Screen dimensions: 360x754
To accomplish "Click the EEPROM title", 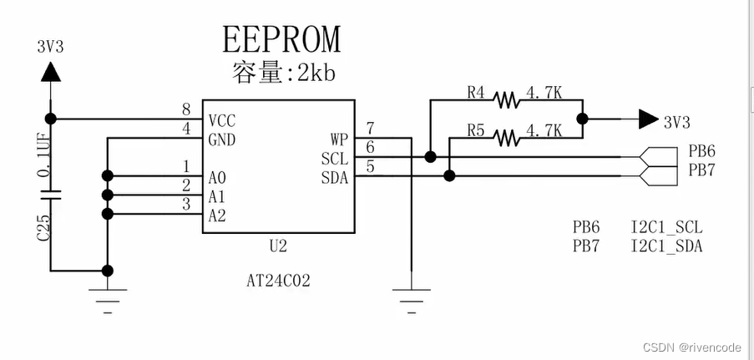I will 281,38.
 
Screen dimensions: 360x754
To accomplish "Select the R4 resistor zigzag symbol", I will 506,100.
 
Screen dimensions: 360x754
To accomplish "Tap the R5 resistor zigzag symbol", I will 506,136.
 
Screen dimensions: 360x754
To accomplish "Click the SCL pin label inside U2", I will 334,157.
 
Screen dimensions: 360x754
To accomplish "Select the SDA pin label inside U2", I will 334,176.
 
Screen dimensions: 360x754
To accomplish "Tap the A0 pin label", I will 217,177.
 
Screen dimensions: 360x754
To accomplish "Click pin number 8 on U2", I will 186,109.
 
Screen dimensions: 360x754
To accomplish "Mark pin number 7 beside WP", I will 370,128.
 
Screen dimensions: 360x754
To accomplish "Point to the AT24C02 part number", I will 279,281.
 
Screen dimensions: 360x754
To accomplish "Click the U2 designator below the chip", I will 278,247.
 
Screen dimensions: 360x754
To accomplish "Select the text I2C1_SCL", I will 666,227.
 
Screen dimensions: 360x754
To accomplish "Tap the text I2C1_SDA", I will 666,246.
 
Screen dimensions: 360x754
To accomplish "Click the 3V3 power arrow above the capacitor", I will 51,74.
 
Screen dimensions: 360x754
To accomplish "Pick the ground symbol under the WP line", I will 412,294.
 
